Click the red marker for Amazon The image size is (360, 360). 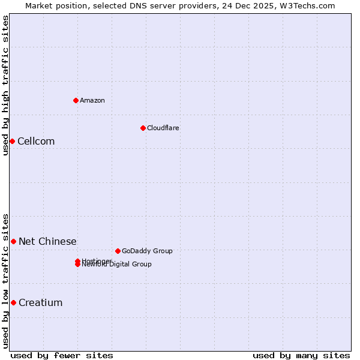click(x=76, y=100)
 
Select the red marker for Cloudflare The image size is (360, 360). click(x=143, y=128)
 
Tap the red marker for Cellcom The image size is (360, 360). click(x=12, y=141)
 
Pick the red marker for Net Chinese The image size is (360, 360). click(x=13, y=241)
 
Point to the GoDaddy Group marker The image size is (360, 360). click(x=118, y=251)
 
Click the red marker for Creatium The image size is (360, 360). click(x=13, y=302)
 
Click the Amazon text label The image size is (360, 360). click(x=92, y=100)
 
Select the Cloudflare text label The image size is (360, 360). click(x=163, y=128)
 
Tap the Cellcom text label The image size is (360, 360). click(x=36, y=142)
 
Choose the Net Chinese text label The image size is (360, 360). click(x=47, y=242)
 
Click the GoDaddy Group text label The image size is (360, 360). click(x=147, y=251)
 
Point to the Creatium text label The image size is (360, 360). click(x=40, y=303)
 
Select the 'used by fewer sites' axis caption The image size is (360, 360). click(x=62, y=355)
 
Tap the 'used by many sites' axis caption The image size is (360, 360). click(x=301, y=355)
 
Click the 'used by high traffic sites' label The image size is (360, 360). click(x=6, y=85)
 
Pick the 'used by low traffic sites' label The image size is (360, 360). click(x=6, y=280)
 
